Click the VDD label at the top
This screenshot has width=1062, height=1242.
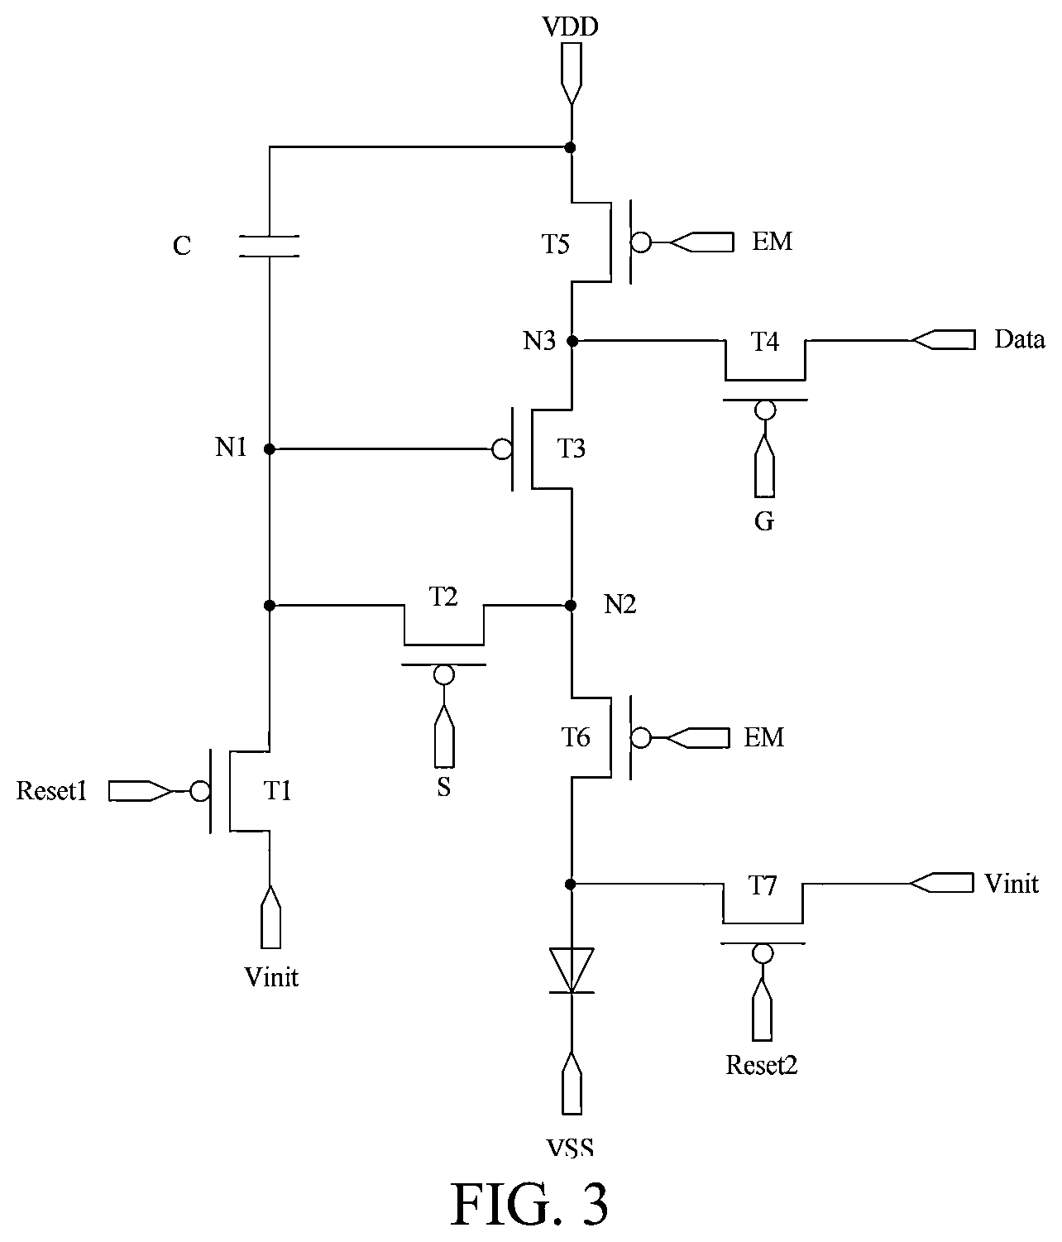(x=570, y=27)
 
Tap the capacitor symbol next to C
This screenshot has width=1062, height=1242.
(x=269, y=246)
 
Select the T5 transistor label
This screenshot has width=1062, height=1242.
(x=555, y=244)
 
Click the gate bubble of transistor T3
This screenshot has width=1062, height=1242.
(x=501, y=448)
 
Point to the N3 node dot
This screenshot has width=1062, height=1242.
(x=572, y=341)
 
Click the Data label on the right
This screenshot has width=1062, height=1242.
(x=1019, y=339)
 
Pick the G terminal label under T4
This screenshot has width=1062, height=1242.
(x=764, y=521)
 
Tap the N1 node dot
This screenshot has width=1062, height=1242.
(x=270, y=448)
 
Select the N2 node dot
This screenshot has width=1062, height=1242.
(x=571, y=605)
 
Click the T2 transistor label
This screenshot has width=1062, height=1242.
(x=443, y=597)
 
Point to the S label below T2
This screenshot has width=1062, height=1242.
(x=444, y=787)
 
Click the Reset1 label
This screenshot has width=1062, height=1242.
(x=51, y=791)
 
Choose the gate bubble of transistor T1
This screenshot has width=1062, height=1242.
(x=200, y=792)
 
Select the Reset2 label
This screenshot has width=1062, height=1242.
(x=762, y=1065)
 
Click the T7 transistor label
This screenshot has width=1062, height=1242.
(x=763, y=885)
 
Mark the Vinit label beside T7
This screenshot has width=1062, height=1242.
(x=1012, y=884)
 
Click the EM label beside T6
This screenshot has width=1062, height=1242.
(x=764, y=736)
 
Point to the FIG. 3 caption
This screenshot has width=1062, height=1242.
(x=530, y=1204)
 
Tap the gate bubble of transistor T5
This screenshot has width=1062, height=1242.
(x=641, y=242)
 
